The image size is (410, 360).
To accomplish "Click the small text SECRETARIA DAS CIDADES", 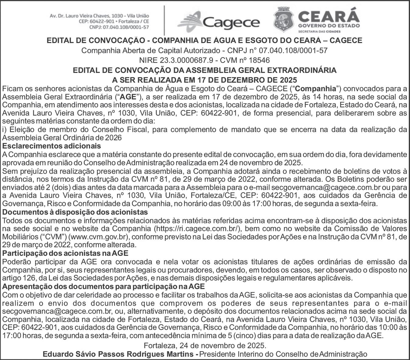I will (320, 31).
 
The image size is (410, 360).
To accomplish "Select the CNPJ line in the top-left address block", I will (119, 27).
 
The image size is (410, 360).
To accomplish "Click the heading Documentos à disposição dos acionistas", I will (75, 212).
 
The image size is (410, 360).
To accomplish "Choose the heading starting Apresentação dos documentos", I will (103, 287).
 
